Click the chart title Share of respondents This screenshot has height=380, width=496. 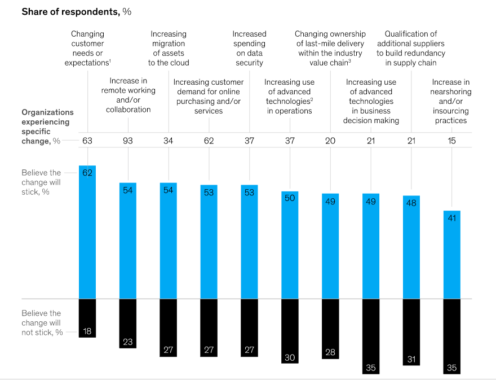[x=76, y=12]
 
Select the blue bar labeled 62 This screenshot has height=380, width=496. [x=87, y=232]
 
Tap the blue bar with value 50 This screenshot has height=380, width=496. [x=290, y=244]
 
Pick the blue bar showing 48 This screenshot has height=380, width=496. [x=411, y=247]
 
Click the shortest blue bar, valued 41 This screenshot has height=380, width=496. [x=452, y=254]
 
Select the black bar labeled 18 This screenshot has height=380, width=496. [x=87, y=318]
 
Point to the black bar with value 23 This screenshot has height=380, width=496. [x=128, y=323]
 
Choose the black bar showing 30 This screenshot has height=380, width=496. [x=290, y=330]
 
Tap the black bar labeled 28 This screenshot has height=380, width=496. [x=330, y=328]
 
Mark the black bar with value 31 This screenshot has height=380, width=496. [x=411, y=331]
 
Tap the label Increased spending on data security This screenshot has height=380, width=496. [x=249, y=49]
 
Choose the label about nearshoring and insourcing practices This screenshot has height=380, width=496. [x=451, y=101]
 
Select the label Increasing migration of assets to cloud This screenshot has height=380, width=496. [x=169, y=49]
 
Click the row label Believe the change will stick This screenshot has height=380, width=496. [x=41, y=182]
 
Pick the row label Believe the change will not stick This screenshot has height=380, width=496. [x=42, y=322]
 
